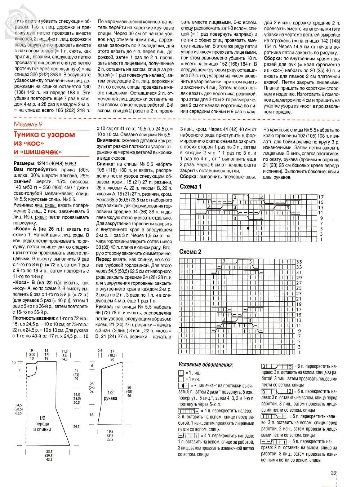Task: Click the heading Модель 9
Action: (x=28, y=124)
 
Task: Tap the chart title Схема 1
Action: (x=191, y=187)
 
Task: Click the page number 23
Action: (x=333, y=473)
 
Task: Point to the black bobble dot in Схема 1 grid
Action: (x=248, y=228)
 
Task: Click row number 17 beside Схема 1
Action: (x=321, y=197)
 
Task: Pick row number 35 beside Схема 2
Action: (x=299, y=262)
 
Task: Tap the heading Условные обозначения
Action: (x=205, y=365)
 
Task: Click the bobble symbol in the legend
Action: (x=183, y=386)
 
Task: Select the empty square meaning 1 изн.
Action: (x=181, y=379)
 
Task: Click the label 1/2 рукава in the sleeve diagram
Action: (x=110, y=395)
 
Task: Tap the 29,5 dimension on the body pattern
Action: (x=76, y=426)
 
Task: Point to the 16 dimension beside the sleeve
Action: (x=92, y=415)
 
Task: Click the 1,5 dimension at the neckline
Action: (x=14, y=362)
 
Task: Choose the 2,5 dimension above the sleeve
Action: (x=100, y=351)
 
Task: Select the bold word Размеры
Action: (x=24, y=163)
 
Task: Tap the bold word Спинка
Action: (x=105, y=164)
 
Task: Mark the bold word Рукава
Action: (x=105, y=307)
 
